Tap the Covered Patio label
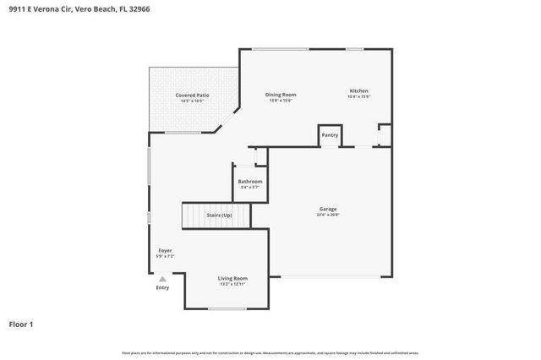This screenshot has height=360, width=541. point(192,95)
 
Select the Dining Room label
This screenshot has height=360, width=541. point(280,95)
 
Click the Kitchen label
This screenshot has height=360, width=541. point(359,90)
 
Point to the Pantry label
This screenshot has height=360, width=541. point(330,134)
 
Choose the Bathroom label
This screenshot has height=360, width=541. point(249,181)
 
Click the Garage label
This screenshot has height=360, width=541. point(328,209)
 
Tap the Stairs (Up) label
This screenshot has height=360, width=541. point(219,215)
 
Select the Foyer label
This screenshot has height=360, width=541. point(165,250)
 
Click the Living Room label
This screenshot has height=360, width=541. point(232,278)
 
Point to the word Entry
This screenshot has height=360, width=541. point(162,288)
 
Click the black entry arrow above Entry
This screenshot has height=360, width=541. point(162,278)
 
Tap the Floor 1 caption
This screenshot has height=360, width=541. point(21,324)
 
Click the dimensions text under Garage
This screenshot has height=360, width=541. point(328,215)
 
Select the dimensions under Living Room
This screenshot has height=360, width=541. point(232,284)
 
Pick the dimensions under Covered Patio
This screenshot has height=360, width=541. point(192,101)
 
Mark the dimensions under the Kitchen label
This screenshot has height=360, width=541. point(359,96)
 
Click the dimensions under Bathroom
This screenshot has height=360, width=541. point(249,187)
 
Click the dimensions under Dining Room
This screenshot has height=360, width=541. point(280,101)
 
